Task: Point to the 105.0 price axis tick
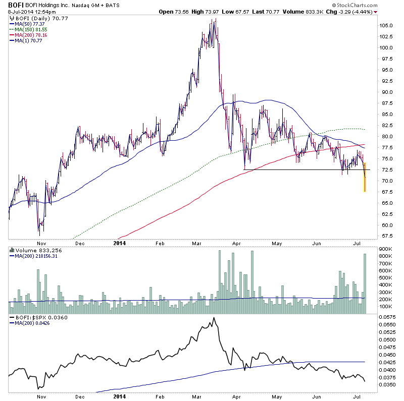pyautogui.click(x=387, y=25)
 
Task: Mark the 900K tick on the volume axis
pyautogui.click(x=387, y=249)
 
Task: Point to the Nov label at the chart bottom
pyautogui.click(x=41, y=396)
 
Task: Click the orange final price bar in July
pyautogui.click(x=364, y=177)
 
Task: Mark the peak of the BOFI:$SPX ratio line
pyautogui.click(x=214, y=318)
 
